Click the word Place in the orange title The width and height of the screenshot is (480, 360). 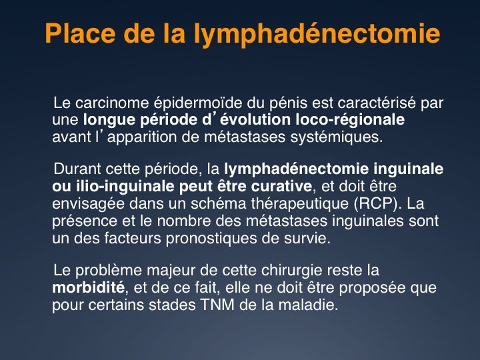(80, 33)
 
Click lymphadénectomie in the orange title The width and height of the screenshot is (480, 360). (317, 34)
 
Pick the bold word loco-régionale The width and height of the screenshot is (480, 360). (350, 120)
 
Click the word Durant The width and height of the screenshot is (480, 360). (77, 169)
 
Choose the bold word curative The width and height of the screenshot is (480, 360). (281, 187)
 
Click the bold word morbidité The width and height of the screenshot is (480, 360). (89, 287)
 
